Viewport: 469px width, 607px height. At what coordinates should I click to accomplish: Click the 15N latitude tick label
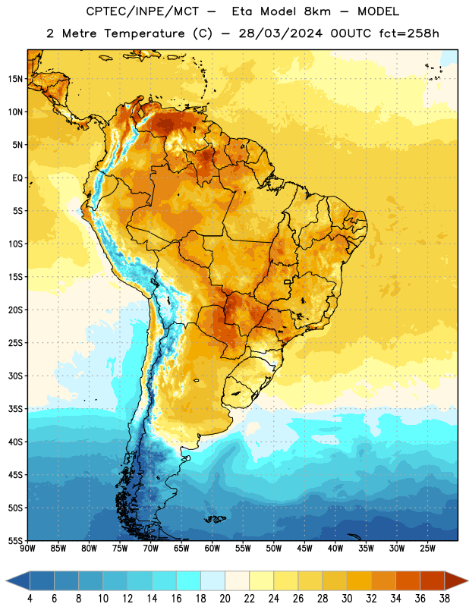[x=15, y=79]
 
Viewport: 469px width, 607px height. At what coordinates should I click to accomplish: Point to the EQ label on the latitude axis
[x=17, y=178]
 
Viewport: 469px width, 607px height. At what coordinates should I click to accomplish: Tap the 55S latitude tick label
[x=15, y=541]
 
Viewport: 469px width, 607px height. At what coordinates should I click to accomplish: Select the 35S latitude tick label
[x=15, y=409]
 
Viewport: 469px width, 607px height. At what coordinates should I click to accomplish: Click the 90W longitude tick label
[x=27, y=549]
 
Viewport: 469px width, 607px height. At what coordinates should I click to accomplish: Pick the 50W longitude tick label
[x=274, y=549]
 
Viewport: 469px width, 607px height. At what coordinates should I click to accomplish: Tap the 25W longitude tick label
[x=427, y=549]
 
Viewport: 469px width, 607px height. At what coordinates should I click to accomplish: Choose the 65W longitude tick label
[x=181, y=549]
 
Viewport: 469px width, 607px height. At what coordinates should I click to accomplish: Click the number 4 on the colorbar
[x=30, y=599]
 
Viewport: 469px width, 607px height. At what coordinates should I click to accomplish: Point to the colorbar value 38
[x=445, y=599]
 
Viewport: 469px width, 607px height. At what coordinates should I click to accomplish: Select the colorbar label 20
[x=225, y=599]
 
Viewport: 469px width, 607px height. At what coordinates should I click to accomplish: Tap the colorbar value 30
[x=347, y=599]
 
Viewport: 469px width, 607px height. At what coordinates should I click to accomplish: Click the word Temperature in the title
[x=144, y=33]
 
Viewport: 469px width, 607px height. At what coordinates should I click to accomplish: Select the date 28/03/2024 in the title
[x=280, y=33]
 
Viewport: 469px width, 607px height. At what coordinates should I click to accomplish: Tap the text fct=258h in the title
[x=409, y=33]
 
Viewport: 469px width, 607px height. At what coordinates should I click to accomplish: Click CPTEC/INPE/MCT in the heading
[x=143, y=11]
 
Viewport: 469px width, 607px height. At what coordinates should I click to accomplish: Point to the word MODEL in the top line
[x=378, y=11]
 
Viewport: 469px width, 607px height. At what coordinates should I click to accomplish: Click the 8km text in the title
[x=317, y=11]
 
